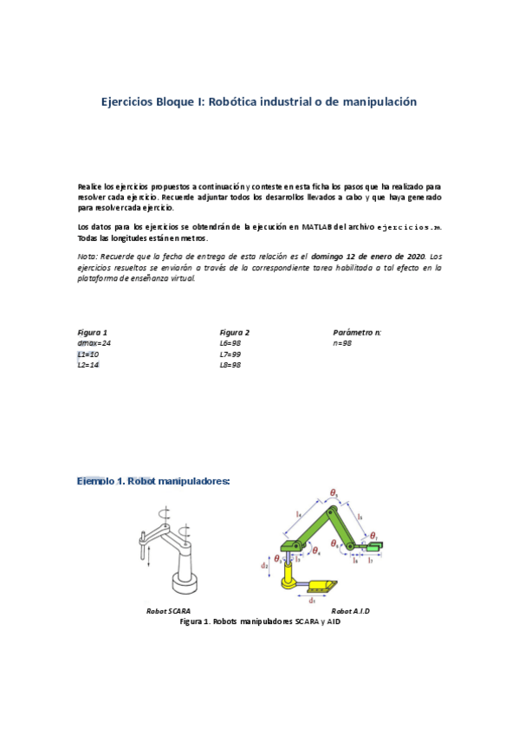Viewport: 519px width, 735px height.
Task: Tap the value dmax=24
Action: click(x=94, y=343)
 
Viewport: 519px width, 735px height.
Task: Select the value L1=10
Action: click(x=88, y=354)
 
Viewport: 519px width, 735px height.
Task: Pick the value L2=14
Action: click(x=88, y=366)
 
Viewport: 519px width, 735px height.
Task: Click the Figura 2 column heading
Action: click(x=234, y=332)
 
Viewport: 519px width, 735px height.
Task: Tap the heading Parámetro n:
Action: click(x=357, y=332)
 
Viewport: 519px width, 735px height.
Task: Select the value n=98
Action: click(x=342, y=343)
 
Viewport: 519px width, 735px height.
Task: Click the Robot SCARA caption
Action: click(x=168, y=611)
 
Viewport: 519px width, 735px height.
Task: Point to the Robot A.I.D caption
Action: click(x=350, y=611)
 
